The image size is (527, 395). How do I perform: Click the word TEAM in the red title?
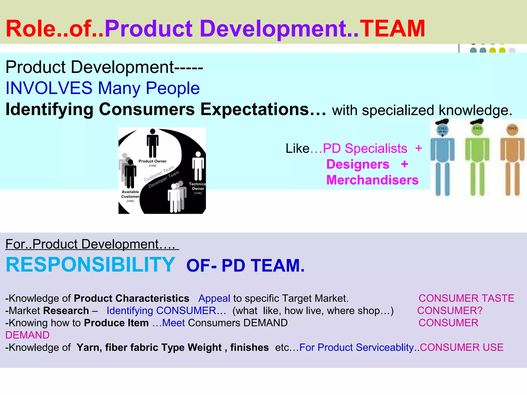coord(392,29)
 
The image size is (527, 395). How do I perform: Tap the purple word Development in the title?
coord(273,29)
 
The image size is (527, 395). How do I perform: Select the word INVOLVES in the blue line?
coord(49,88)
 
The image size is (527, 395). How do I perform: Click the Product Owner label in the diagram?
coord(152,161)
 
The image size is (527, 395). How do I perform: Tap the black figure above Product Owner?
coord(153,143)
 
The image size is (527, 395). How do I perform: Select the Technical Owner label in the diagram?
coord(197,186)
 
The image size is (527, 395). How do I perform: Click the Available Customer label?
coord(130,194)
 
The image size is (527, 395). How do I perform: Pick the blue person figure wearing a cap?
coord(442,157)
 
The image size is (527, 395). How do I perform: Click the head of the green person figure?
coord(477,128)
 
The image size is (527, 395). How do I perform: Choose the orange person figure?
coord(512,159)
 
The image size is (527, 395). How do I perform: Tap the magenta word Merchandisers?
coord(372,180)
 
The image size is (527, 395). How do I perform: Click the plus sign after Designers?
coord(405,164)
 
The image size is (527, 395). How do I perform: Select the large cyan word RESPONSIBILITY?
coord(90,265)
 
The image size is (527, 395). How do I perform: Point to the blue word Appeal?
coord(214,298)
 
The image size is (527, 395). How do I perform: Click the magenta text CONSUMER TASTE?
coord(466,298)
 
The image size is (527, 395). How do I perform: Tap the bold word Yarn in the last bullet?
coord(86,347)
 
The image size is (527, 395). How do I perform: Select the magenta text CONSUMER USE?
coord(461,347)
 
